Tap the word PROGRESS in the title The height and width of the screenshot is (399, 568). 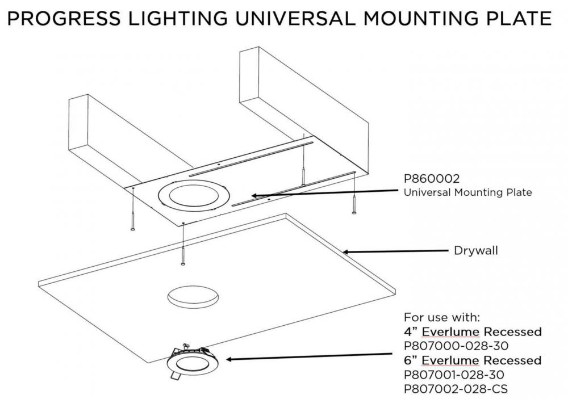pyautogui.click(x=60, y=18)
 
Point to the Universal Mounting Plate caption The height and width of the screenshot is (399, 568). pyautogui.click(x=467, y=192)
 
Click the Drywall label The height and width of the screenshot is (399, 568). pyautogui.click(x=475, y=250)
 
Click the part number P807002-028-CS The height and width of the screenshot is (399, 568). pyautogui.click(x=456, y=389)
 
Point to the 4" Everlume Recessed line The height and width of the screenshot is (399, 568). pyautogui.click(x=472, y=331)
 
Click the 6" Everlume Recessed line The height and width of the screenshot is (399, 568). pyautogui.click(x=472, y=360)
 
